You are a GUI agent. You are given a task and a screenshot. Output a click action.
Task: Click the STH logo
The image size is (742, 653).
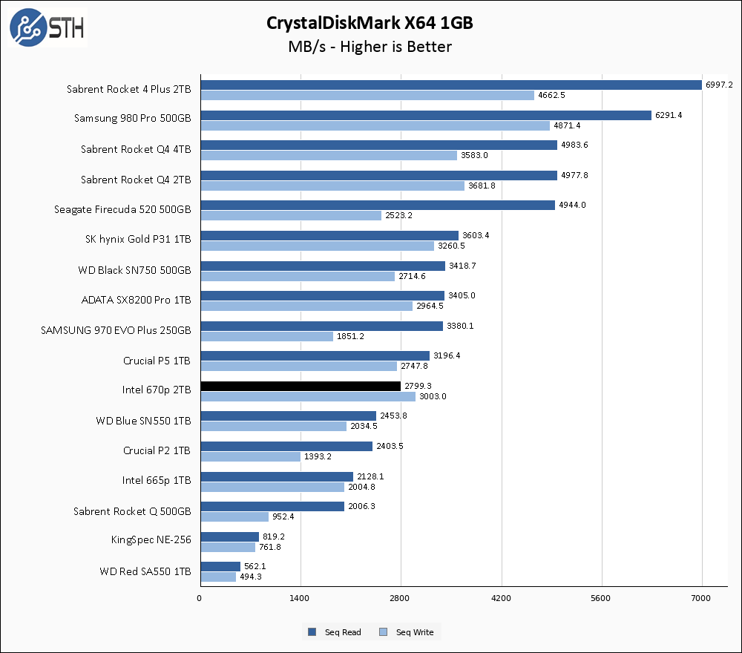pos(46,27)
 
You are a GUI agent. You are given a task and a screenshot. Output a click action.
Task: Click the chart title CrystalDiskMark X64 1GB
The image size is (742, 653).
pos(370,23)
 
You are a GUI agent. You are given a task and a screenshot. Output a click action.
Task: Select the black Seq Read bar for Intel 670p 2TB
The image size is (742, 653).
pos(301,386)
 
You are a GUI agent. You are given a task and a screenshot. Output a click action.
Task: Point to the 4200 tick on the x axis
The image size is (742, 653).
pos(502,598)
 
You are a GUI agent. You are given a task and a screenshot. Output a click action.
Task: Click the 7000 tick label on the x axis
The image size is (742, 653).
pos(702,598)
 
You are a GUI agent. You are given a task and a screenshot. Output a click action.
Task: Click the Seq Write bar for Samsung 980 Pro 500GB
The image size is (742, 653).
pos(375,125)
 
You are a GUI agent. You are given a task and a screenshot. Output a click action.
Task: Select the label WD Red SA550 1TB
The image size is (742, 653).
pos(145,571)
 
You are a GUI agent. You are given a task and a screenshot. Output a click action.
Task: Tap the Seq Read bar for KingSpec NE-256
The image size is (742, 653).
pos(229,536)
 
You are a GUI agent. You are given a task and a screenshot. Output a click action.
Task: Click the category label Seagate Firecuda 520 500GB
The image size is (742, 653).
pos(123,209)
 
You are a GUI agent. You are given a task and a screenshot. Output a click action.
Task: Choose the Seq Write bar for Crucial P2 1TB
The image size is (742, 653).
pos(250,456)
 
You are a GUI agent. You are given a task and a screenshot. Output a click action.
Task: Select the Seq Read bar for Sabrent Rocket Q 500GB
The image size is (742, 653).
pos(272,506)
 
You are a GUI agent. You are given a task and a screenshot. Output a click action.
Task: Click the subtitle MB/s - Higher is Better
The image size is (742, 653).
pos(370,47)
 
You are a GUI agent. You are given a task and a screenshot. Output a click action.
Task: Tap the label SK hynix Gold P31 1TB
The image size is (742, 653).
pos(138,240)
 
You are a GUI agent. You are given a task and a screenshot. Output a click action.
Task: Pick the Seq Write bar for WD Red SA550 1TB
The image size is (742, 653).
pos(218,577)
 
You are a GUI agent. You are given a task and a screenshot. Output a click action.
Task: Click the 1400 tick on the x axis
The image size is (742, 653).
pos(301,598)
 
